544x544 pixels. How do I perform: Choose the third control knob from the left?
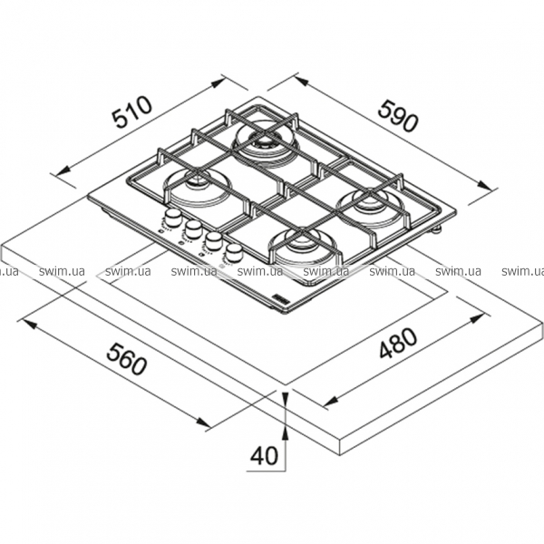(214, 238)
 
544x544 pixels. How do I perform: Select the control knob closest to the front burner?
(235, 249)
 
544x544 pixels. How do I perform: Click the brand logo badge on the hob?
(279, 295)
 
